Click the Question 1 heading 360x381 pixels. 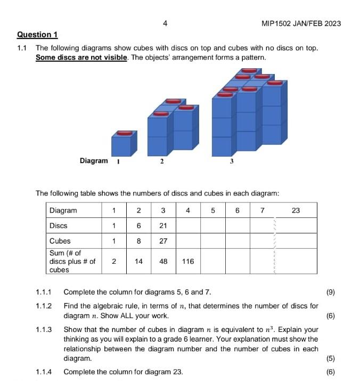tap(37, 35)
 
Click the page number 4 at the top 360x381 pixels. tap(165, 23)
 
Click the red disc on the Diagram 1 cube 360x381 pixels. tap(124, 133)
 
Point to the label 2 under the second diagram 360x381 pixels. tap(161, 161)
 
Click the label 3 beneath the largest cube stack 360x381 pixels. tap(232, 161)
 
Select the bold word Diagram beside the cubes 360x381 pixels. tap(93, 160)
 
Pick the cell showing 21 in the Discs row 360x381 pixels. tap(163, 225)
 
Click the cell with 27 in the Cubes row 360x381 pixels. tap(163, 241)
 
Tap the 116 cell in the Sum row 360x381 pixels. tap(187, 262)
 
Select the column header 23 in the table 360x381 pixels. tap(296, 210)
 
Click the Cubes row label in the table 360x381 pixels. tap(60, 241)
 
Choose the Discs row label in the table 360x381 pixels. tap(58, 225)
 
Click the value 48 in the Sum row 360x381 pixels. tap(163, 262)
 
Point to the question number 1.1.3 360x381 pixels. tap(44, 329)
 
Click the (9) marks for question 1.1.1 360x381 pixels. tap(330, 292)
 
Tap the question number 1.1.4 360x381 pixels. tap(44, 372)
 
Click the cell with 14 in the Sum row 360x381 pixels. tap(138, 262)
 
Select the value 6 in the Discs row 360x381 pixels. tap(138, 225)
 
